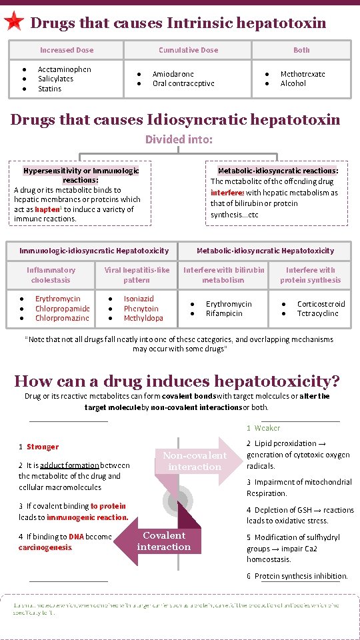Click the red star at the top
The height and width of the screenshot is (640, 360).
[13, 22]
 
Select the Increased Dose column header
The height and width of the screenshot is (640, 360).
[67, 50]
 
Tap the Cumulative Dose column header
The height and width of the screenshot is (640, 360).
[188, 50]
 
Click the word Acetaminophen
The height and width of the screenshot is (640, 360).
[65, 69]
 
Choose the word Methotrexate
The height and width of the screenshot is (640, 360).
[303, 74]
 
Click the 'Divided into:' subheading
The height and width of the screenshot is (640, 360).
[179, 139]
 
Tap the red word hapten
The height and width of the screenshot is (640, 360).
[48, 209]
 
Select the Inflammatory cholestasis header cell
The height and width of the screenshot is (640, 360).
[51, 275]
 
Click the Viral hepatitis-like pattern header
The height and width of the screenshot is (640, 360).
[137, 275]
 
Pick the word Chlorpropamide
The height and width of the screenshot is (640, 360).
[63, 309]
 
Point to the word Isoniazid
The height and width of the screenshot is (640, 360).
[139, 299]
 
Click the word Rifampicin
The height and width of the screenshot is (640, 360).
[225, 313]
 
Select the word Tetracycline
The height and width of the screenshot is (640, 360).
[318, 313]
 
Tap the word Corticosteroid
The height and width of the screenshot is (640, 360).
[321, 304]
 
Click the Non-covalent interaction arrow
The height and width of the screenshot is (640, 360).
[195, 461]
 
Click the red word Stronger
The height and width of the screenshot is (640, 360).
[43, 447]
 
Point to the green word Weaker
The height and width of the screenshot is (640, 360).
[267, 428]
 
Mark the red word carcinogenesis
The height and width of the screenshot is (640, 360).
[45, 547]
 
